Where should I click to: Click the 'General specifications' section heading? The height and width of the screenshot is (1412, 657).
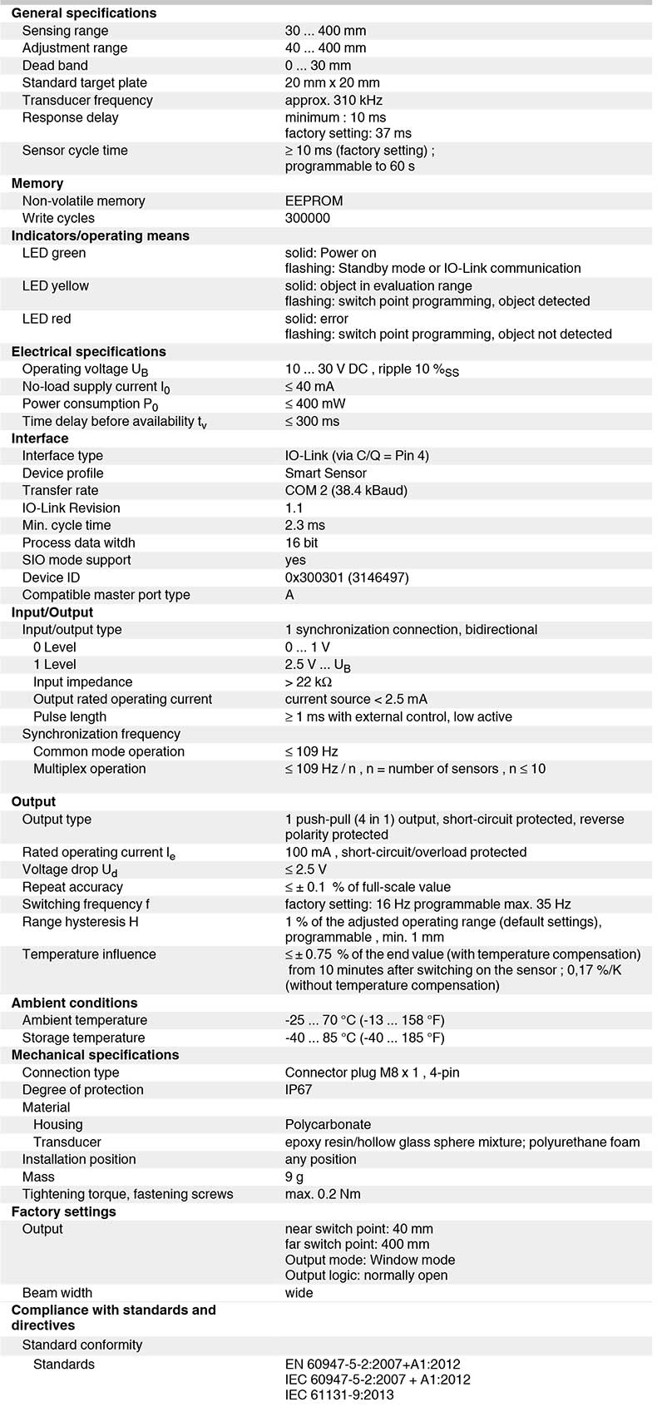coord(83,13)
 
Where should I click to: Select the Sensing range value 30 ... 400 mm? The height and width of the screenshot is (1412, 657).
coord(325,31)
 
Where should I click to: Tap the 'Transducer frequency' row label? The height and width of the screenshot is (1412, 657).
coord(87,100)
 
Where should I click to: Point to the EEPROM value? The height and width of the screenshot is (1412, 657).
coord(314,201)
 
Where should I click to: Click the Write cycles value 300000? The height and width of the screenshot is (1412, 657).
coord(307,218)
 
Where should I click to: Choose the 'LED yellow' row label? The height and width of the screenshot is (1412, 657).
coord(55,285)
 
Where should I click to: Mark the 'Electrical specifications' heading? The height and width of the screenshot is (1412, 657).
coord(88,351)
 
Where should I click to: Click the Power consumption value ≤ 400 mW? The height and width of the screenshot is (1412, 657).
coord(315,404)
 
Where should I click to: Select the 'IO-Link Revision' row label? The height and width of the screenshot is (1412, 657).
coord(71,508)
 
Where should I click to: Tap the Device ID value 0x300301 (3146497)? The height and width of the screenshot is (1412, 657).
coord(347,577)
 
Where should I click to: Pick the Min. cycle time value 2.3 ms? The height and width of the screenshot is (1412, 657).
coord(304,525)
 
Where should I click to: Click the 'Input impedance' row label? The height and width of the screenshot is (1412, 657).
coord(82,681)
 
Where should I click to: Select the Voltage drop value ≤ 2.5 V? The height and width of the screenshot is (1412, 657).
coord(305,869)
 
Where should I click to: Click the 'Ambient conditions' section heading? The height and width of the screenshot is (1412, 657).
coord(74,1003)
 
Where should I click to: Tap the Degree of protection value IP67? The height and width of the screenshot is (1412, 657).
coord(299,1090)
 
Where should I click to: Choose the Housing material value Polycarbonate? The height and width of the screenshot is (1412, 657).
coord(328,1124)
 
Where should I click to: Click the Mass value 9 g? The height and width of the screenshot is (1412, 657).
coord(294,1177)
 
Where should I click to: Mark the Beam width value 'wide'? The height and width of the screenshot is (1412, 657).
coord(299,1292)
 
